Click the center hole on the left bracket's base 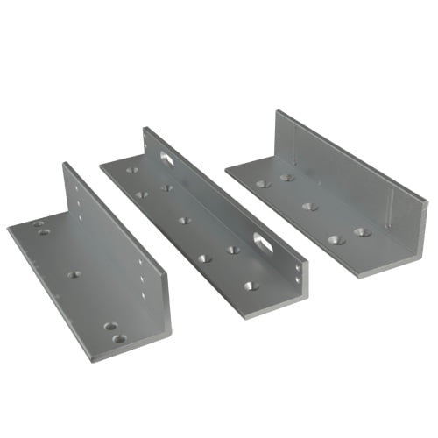point(74,274)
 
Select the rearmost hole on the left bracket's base point(39,224)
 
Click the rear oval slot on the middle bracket point(166,158)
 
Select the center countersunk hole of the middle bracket point(185,220)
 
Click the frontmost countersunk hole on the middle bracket point(251,286)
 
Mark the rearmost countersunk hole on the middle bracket point(132,170)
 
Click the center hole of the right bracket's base point(309,207)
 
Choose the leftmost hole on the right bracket point(262,184)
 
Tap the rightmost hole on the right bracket point(362,233)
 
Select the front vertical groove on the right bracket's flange point(389,210)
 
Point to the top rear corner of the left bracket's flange point(64,163)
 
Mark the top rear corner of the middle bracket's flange point(145,128)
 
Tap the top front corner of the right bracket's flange point(428,202)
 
